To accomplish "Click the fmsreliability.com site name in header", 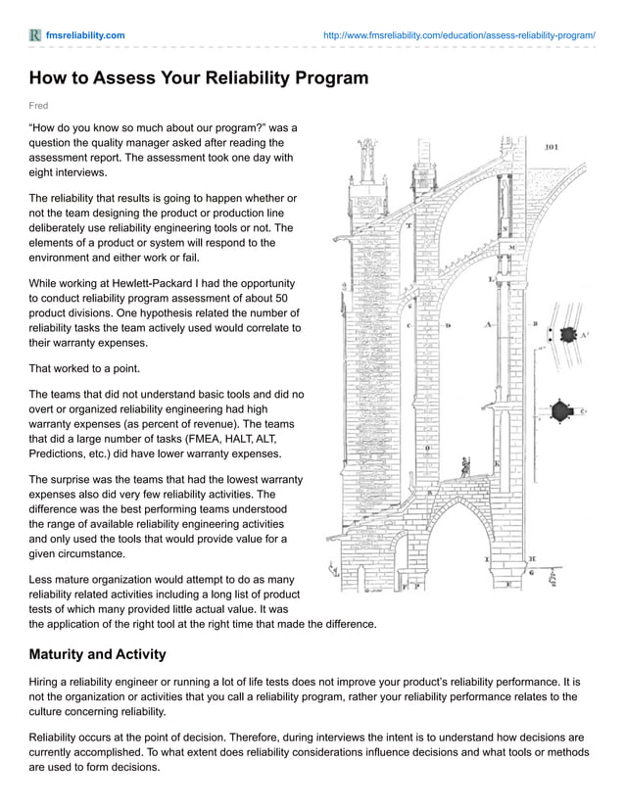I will click(x=85, y=35).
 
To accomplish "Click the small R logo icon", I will click(x=35, y=35).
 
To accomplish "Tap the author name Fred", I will click(x=38, y=106).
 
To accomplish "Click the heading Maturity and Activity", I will click(x=97, y=654).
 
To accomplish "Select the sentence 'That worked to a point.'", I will click(x=85, y=369).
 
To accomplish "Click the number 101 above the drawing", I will click(x=551, y=148).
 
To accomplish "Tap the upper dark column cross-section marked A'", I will click(x=567, y=335).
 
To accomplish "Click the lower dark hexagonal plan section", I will click(x=561, y=411).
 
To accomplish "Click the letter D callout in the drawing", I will click(x=449, y=324).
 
